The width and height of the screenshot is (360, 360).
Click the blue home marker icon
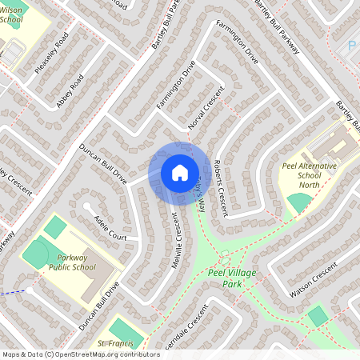click(179, 172)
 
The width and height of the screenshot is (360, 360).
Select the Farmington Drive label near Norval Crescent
click(176, 89)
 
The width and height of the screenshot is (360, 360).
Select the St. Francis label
click(113, 343)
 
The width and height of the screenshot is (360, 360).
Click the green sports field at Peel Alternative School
click(299, 202)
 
